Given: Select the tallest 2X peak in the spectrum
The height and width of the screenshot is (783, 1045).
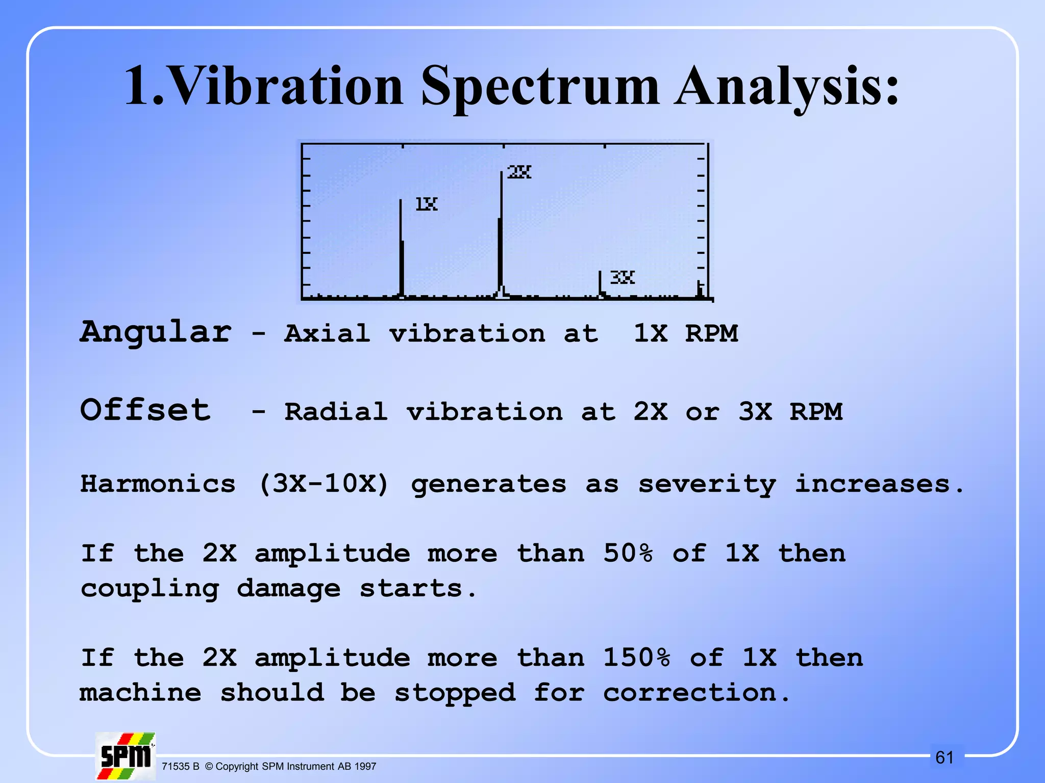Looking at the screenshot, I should tap(501, 234).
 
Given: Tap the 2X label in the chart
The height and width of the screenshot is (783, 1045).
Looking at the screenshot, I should tap(519, 172).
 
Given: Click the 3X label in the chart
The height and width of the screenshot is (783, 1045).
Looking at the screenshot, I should tap(623, 277).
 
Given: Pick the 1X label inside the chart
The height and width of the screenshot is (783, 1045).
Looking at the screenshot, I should tap(427, 204).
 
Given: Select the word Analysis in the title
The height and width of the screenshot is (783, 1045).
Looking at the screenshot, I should tap(786, 87).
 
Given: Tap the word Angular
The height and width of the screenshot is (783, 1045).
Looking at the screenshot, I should tap(156, 332).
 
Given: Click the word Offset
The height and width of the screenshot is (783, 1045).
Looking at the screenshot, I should tap(145, 410).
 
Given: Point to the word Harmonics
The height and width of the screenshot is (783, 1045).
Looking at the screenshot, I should tap(158, 483).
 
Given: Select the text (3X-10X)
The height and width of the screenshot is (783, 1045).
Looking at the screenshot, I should tap(324, 483).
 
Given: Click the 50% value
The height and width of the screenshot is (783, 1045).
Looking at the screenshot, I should tap(628, 553).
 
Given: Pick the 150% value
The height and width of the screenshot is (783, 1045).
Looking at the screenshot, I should tap(636, 658).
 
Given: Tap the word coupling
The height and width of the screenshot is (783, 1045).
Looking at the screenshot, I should tap(150, 589).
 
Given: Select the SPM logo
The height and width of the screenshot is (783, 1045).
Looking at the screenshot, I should tap(126, 756).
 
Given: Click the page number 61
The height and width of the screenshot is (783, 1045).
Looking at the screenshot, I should tap(944, 758).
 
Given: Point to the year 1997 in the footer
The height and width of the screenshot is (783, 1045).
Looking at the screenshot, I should tap(365, 767).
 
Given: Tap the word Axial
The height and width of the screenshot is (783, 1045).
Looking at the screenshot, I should tap(327, 334).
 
